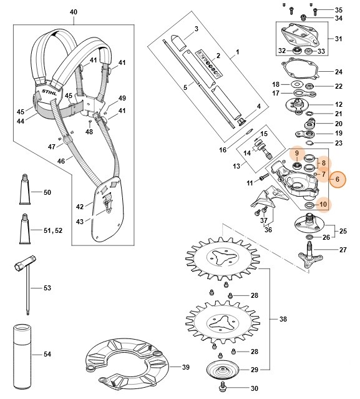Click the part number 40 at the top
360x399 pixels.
pyautogui.click(x=74, y=12)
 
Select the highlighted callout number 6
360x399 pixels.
pyautogui.click(x=337, y=179)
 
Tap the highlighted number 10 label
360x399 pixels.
pyautogui.click(x=323, y=204)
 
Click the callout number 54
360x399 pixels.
pyautogui.click(x=47, y=354)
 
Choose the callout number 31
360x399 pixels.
pyautogui.click(x=339, y=39)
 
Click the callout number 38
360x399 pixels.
pyautogui.click(x=283, y=319)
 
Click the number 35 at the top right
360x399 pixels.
pyautogui.click(x=339, y=11)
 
